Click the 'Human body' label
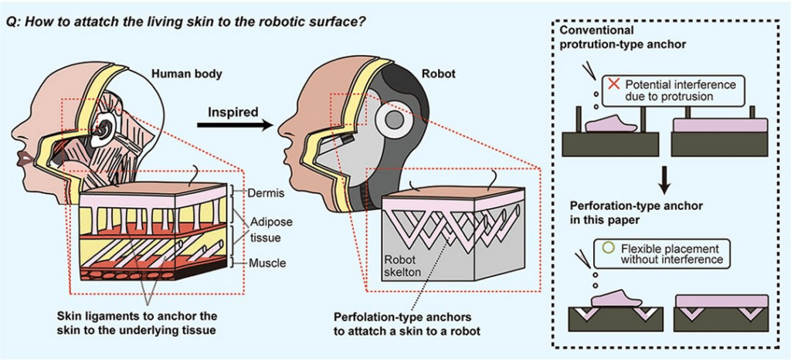[187, 74]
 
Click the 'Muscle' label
[266, 263]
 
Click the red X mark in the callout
[613, 83]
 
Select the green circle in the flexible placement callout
[607, 250]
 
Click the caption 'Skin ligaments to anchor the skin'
[137, 322]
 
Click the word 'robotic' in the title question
[271, 19]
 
